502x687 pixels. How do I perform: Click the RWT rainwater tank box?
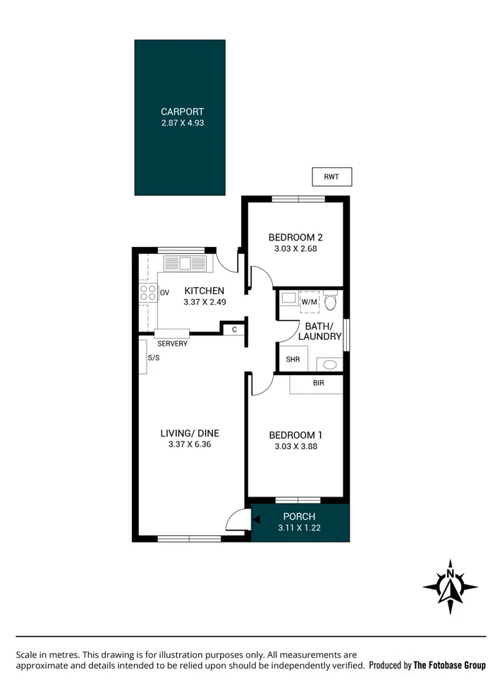coord(331,176)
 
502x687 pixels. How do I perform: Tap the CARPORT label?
coord(182,111)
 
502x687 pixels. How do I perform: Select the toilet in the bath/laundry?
coord(330,300)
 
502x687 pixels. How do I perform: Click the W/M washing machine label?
coord(310,302)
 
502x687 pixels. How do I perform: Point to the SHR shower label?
coord(293,359)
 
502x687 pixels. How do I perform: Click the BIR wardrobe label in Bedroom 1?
coord(319,383)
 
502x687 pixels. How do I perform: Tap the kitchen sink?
coord(185,263)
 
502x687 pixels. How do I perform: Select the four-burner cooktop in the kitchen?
coord(148,293)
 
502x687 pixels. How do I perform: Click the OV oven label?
coord(165,293)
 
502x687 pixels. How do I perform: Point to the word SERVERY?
coord(172,344)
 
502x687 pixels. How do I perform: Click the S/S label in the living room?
coord(154,358)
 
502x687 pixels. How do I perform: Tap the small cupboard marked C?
coord(234,329)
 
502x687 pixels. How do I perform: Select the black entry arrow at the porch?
coord(256,520)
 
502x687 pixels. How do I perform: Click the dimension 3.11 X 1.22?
coord(299,528)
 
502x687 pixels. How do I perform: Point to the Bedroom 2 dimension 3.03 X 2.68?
coord(295,248)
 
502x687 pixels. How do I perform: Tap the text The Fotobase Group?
coord(449,666)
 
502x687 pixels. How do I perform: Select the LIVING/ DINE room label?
coord(190,433)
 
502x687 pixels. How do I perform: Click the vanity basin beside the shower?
coord(329,365)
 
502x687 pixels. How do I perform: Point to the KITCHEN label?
coord(204,291)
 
